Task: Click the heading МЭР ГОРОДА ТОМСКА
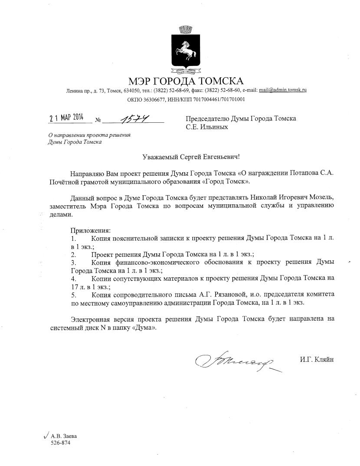(x=186, y=81)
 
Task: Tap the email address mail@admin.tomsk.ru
(x=283, y=90)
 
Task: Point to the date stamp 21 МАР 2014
(x=65, y=117)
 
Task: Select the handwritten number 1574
(x=134, y=118)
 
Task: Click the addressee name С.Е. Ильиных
(x=207, y=127)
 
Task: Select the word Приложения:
(x=91, y=230)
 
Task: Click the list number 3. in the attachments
(x=74, y=263)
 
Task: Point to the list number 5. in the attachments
(x=74, y=294)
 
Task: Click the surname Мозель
(x=323, y=197)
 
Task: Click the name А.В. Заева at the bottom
(x=60, y=436)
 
